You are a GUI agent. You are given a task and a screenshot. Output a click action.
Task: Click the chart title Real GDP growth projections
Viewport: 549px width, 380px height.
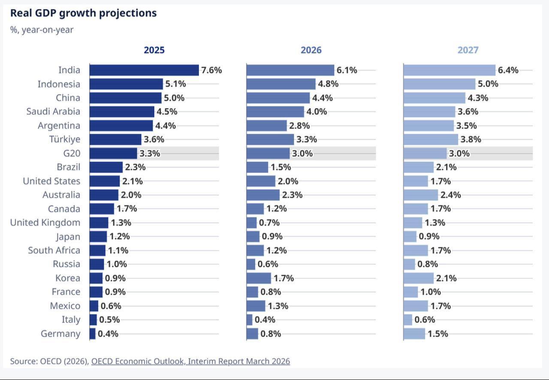83,13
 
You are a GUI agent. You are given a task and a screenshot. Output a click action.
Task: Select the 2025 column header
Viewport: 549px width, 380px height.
154,50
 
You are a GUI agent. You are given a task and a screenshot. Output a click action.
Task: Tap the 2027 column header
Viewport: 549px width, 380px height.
468,50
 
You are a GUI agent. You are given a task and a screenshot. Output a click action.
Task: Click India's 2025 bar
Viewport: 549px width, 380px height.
144,70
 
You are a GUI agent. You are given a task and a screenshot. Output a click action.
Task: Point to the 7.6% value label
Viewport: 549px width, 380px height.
211,70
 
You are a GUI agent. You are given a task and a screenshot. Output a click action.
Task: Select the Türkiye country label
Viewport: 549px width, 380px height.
65,139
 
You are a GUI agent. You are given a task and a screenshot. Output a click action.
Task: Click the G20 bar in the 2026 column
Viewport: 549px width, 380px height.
268,153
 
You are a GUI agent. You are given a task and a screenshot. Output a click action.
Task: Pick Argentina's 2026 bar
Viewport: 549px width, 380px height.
266,126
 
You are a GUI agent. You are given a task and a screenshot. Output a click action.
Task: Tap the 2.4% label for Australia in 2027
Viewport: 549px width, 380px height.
450,195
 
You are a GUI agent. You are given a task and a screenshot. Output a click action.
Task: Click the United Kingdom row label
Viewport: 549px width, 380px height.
45,222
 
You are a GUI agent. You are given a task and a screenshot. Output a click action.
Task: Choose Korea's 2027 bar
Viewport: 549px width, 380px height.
419,278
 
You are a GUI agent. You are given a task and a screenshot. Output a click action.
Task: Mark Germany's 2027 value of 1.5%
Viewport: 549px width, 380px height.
437,334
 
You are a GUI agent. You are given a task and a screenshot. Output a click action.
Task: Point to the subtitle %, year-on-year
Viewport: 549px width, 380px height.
42,30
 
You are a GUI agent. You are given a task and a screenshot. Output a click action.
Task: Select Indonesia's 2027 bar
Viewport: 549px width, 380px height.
439,84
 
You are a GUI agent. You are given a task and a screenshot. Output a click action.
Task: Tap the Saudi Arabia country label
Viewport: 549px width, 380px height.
53,111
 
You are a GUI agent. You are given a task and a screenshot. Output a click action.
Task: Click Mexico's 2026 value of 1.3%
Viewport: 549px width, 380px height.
278,306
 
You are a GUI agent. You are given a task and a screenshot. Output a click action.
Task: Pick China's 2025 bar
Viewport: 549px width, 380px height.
125,98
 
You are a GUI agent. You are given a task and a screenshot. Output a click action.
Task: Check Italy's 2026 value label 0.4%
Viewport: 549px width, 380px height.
265,320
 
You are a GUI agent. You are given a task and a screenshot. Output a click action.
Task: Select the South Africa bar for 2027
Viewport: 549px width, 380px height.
416,250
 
